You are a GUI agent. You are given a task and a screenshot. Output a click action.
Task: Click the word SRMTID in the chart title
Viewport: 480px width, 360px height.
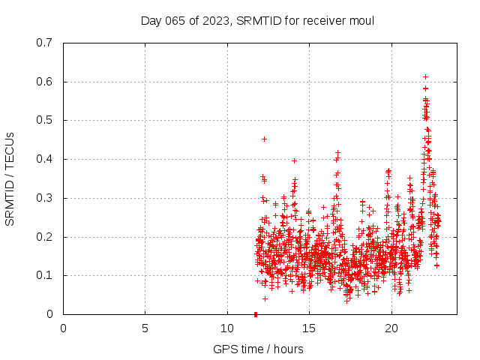click(x=256, y=20)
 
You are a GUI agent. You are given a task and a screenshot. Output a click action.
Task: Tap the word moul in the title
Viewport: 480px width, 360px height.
click(x=360, y=20)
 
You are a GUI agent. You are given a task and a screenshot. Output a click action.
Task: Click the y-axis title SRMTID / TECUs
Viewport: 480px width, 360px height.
click(x=10, y=178)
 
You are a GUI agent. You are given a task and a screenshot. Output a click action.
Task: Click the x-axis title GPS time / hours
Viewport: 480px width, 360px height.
click(x=258, y=349)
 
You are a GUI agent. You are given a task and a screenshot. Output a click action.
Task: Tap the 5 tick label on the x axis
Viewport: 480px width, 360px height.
click(x=145, y=328)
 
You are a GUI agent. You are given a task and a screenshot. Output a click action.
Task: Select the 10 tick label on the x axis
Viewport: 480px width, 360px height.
click(x=227, y=328)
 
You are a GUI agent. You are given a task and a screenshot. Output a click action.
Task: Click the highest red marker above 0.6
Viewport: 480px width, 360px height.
click(x=425, y=76)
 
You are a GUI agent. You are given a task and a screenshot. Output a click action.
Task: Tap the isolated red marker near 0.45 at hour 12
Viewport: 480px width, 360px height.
click(x=264, y=139)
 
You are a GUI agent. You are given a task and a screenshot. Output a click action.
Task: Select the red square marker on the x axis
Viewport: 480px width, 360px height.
click(x=256, y=314)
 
